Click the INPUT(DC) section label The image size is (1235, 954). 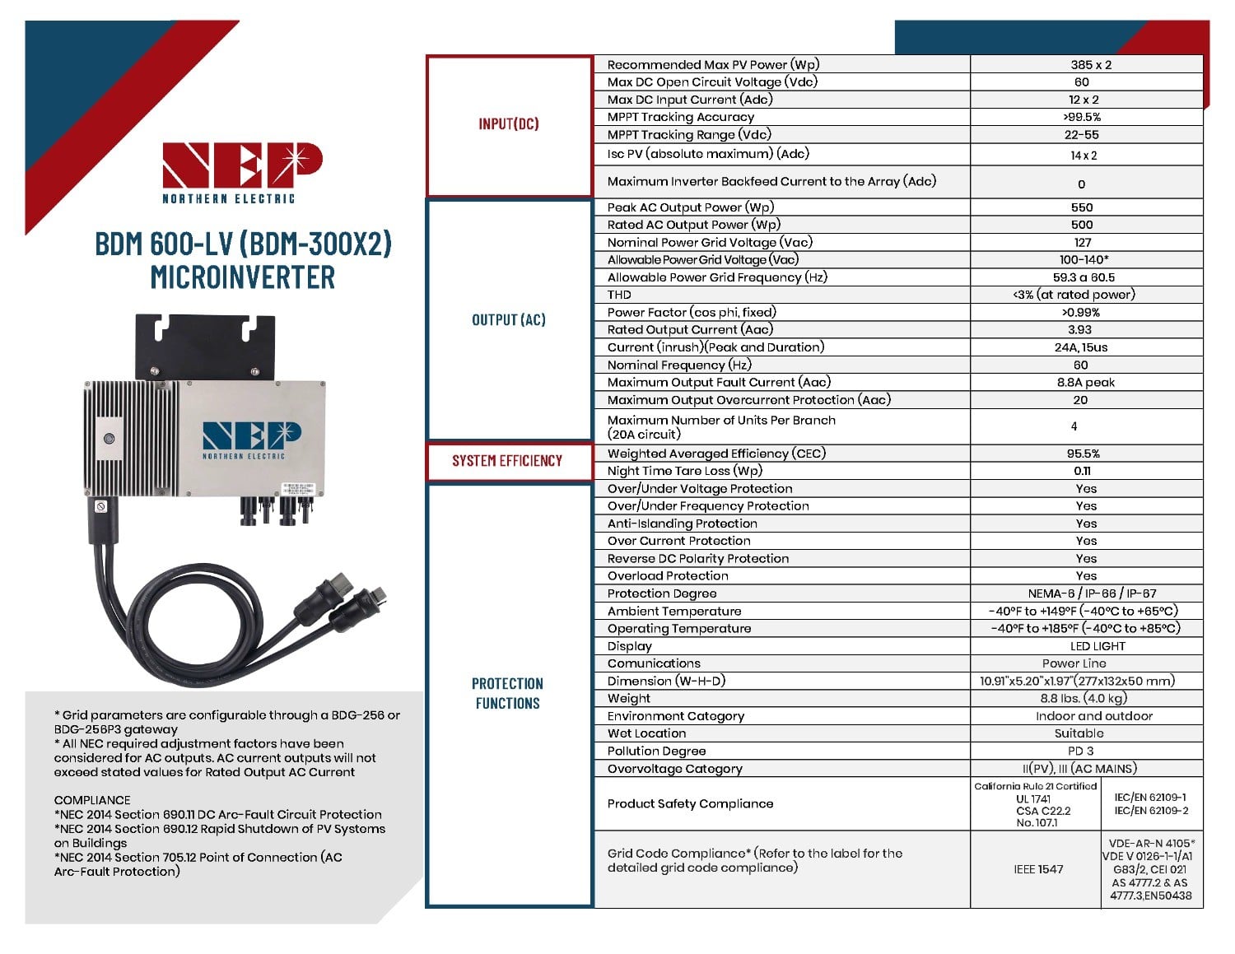[x=509, y=123]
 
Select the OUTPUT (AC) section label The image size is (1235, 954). [x=509, y=319]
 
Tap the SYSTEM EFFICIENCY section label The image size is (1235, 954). [x=507, y=461]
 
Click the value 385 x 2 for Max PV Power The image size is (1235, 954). [x=1091, y=64]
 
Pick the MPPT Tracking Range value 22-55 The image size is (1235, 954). [x=1081, y=134]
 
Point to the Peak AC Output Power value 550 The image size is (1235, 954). [x=1082, y=207]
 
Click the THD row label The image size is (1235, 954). [x=619, y=295]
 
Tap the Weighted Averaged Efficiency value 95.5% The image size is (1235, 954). [x=1083, y=454]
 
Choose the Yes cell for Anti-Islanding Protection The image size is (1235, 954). [x=1086, y=524]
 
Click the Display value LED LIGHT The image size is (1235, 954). [x=1098, y=646]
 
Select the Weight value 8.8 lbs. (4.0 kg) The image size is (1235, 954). [x=1083, y=698]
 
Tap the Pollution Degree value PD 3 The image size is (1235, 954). [x=1080, y=751]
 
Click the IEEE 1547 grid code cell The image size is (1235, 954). [x=1038, y=868]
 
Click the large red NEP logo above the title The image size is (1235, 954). [x=241, y=165]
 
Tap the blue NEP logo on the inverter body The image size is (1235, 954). [x=251, y=435]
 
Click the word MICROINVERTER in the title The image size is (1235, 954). [x=243, y=277]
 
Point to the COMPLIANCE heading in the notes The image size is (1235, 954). [x=92, y=800]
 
